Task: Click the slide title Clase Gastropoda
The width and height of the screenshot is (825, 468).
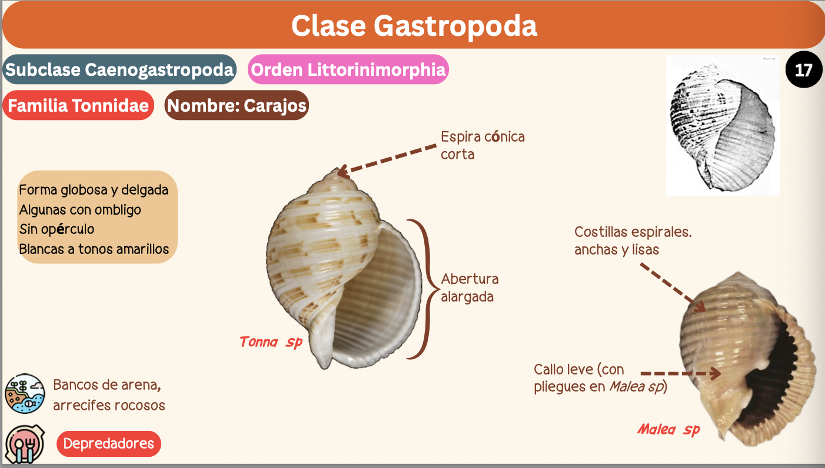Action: click(414, 26)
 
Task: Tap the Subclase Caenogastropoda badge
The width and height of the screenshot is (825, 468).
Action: click(119, 70)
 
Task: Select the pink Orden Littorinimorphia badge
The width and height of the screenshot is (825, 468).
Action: click(348, 70)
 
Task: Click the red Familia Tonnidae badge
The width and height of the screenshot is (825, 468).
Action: click(78, 106)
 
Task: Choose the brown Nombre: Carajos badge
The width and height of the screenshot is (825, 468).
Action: click(237, 106)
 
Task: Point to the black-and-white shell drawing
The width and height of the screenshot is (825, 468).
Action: click(722, 126)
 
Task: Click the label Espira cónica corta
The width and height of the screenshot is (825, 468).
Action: click(483, 145)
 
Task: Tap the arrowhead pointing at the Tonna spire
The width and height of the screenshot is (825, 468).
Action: click(341, 172)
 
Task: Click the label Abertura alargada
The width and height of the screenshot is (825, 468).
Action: click(470, 288)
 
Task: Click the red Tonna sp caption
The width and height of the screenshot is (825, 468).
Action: click(271, 342)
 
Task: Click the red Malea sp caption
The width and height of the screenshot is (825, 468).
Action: click(668, 430)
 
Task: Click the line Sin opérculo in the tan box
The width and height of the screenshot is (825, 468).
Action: click(56, 229)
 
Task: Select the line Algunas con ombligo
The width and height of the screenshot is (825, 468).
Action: click(80, 209)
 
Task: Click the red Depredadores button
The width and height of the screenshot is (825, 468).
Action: click(108, 443)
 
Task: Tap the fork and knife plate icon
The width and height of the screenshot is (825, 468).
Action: click(25, 444)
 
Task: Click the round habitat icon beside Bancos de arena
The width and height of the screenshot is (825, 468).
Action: click(25, 393)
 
